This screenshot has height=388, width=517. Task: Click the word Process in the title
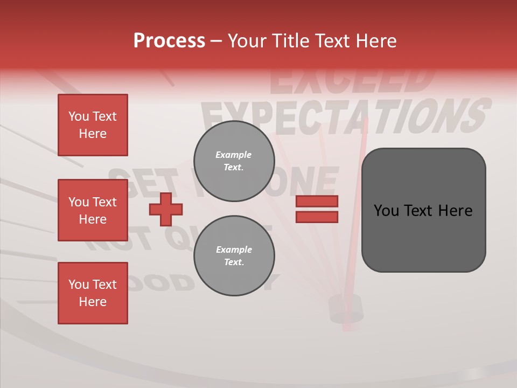pos(169,41)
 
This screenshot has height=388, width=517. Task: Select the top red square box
pos(93,125)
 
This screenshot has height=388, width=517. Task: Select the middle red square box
pos(93,210)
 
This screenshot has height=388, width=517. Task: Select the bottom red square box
pos(93,293)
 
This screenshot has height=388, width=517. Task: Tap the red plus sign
pos(166,209)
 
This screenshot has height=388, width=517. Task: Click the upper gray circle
pos(234,161)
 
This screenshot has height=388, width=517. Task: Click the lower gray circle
pos(234,256)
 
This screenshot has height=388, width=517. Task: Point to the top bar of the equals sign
pos(317,202)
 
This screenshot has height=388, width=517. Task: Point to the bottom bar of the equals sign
pos(317,217)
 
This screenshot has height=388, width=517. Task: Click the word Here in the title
pos(375,41)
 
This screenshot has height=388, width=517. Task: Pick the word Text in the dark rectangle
pos(421,211)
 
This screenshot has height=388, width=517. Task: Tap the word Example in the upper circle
pos(233,155)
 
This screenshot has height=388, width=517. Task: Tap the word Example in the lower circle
pos(234,250)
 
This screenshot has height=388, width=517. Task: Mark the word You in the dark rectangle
pos(386,211)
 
